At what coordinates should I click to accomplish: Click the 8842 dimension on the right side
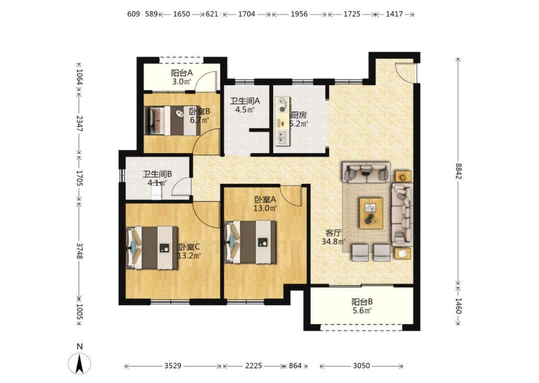click(459, 171)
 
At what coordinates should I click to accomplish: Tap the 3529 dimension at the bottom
click(172, 366)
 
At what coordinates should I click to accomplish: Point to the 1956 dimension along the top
click(299, 14)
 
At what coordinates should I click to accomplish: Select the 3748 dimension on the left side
click(80, 251)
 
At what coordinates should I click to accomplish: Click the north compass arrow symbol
click(80, 363)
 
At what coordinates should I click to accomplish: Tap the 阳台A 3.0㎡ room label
click(182, 77)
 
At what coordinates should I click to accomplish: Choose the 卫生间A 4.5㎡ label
click(245, 105)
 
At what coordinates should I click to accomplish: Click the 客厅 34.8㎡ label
click(333, 237)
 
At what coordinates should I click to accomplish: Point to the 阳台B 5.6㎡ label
click(362, 306)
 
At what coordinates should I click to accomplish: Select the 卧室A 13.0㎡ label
click(265, 203)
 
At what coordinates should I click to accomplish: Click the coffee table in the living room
click(371, 213)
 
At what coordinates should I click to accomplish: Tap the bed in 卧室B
click(172, 120)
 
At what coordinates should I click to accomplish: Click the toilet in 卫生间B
click(156, 193)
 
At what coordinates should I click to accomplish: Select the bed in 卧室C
click(152, 248)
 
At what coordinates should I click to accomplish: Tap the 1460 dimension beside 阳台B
click(459, 305)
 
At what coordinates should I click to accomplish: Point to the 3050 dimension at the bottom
click(361, 366)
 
